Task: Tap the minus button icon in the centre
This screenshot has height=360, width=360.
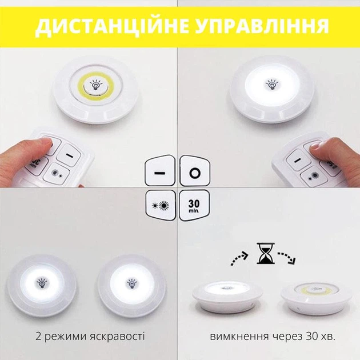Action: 160,171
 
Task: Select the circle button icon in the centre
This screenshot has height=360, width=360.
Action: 195,171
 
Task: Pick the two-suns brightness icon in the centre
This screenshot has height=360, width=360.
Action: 161,205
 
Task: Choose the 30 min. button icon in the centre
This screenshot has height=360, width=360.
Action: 194,205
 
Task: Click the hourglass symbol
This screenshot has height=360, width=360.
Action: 266,253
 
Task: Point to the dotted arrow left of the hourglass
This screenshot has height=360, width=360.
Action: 239,258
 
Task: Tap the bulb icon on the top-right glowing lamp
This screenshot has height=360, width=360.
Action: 272,84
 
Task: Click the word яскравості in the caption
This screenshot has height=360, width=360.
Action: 117,337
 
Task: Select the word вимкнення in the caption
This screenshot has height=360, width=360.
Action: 239,337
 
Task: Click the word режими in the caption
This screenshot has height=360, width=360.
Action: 65,337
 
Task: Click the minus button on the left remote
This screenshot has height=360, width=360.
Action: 69,155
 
